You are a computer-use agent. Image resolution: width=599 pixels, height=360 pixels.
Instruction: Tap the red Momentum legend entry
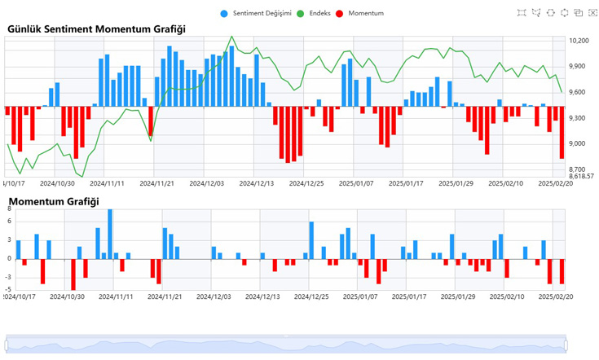362,13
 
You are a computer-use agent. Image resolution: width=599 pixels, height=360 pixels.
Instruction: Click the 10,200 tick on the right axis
579,41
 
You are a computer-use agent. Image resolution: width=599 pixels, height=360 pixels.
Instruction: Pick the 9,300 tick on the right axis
578,118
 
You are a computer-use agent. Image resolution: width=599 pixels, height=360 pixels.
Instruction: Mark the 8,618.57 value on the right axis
582,176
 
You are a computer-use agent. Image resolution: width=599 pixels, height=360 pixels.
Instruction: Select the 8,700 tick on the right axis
578,169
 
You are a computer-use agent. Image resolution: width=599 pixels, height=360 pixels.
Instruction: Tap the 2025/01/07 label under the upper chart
355,183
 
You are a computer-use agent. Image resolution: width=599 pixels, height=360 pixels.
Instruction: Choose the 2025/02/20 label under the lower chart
556,296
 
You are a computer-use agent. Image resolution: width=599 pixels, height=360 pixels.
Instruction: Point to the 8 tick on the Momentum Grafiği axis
9,209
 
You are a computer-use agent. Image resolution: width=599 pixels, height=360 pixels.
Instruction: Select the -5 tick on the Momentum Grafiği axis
8,289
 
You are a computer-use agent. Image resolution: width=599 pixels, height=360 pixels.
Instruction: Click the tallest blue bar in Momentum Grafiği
110,234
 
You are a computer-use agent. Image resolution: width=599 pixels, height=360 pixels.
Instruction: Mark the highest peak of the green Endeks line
231,37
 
